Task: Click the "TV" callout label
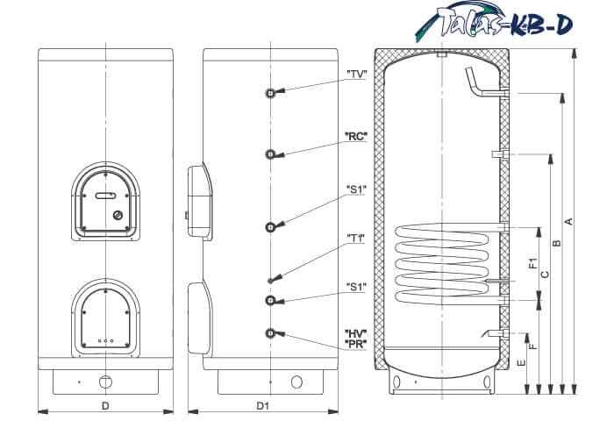(x=356, y=74)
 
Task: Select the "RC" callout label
(x=355, y=137)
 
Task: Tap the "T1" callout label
(x=355, y=239)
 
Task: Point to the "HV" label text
(x=355, y=334)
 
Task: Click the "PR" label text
(x=355, y=344)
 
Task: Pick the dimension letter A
(x=569, y=222)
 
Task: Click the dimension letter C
(x=545, y=275)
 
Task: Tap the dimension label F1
(x=532, y=264)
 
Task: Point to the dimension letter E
(x=521, y=363)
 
